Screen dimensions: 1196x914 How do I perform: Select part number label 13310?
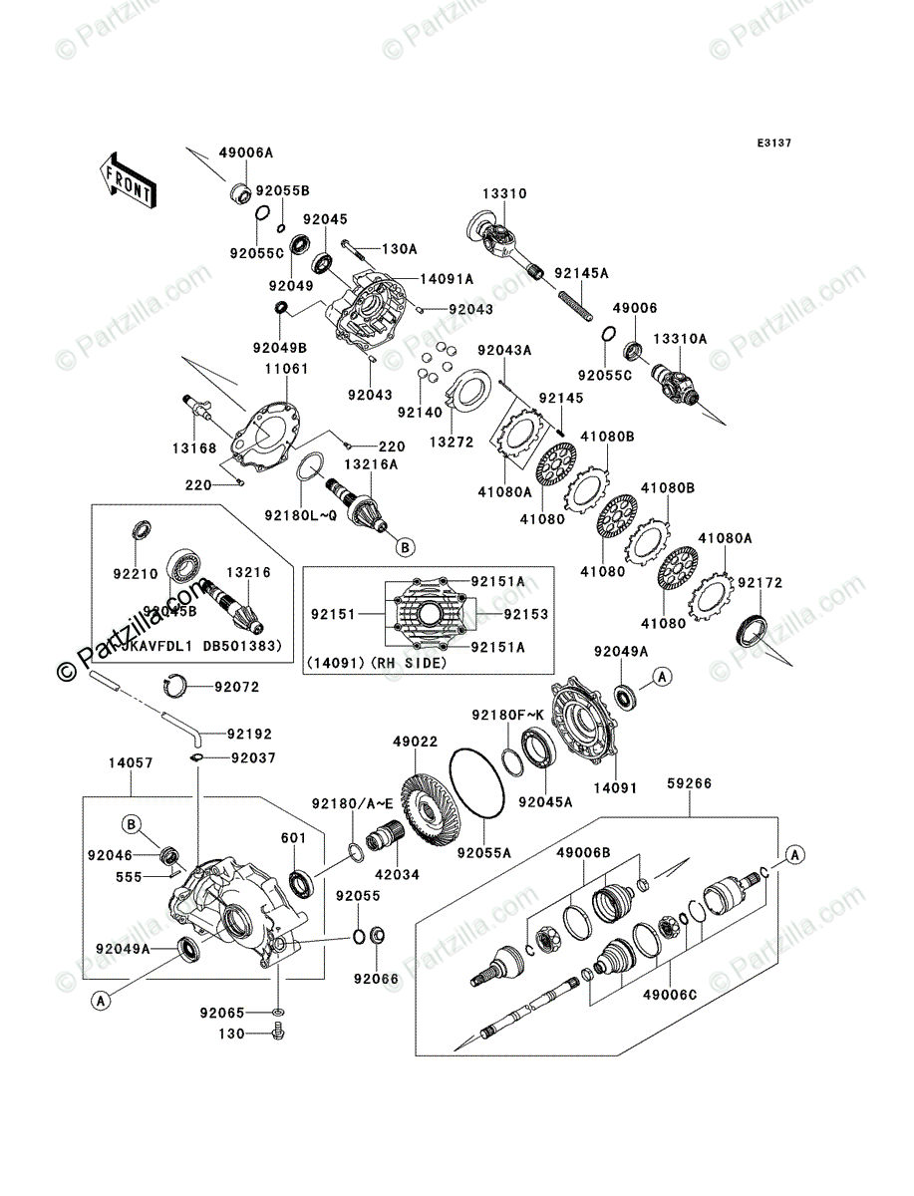click(x=505, y=194)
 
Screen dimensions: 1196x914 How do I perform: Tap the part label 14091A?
click(x=419, y=280)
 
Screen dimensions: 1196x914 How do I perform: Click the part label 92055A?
click(x=484, y=853)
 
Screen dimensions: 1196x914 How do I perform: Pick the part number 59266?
click(x=690, y=784)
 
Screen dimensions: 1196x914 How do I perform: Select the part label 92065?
click(x=221, y=1013)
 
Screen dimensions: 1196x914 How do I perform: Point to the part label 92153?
click(x=527, y=615)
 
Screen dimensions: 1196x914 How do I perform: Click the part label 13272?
click(x=450, y=442)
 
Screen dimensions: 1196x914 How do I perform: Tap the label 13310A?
click(x=680, y=340)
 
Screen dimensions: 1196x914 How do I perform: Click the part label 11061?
click(x=286, y=369)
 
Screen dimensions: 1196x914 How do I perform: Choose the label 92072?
click(x=236, y=687)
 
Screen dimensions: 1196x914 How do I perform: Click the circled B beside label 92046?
click(x=131, y=823)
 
